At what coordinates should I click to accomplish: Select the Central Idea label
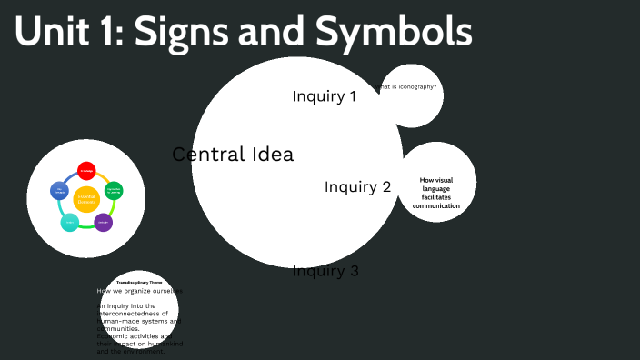(233, 155)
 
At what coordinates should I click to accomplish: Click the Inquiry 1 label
(324, 95)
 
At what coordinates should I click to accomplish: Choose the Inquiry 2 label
(357, 187)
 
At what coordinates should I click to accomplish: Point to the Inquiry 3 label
(325, 270)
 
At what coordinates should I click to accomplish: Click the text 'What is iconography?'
(408, 87)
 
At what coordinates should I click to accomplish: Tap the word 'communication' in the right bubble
(436, 206)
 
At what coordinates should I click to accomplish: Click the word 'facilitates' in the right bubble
(436, 197)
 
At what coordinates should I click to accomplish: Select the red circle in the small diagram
(86, 171)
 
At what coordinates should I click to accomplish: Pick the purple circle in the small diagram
(104, 222)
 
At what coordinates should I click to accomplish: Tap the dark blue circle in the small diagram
(60, 191)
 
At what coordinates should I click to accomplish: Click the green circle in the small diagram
(114, 191)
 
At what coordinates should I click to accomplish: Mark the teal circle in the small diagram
(69, 222)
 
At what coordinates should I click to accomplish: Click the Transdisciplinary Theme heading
(139, 283)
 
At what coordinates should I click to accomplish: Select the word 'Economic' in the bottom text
(114, 336)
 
